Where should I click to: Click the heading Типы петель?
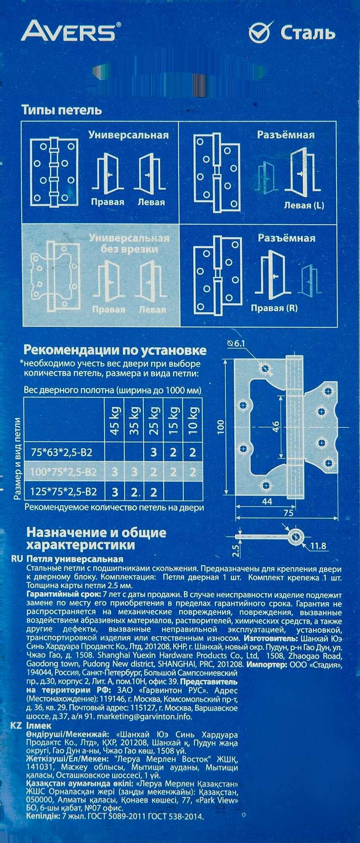click(x=62, y=110)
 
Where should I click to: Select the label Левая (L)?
click(x=304, y=206)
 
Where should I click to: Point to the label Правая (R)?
click(x=274, y=308)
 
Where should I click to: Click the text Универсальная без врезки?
click(x=129, y=244)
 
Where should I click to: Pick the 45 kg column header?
click(x=115, y=421)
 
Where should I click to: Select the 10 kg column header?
click(x=193, y=421)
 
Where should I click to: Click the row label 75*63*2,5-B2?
click(x=62, y=453)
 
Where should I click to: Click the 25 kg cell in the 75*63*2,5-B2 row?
click(x=153, y=453)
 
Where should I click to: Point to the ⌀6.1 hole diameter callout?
click(x=236, y=344)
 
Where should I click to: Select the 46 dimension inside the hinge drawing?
click(x=275, y=427)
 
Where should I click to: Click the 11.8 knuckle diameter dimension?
click(x=318, y=546)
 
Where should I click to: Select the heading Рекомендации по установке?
click(x=115, y=350)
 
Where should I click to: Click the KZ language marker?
click(x=16, y=726)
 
